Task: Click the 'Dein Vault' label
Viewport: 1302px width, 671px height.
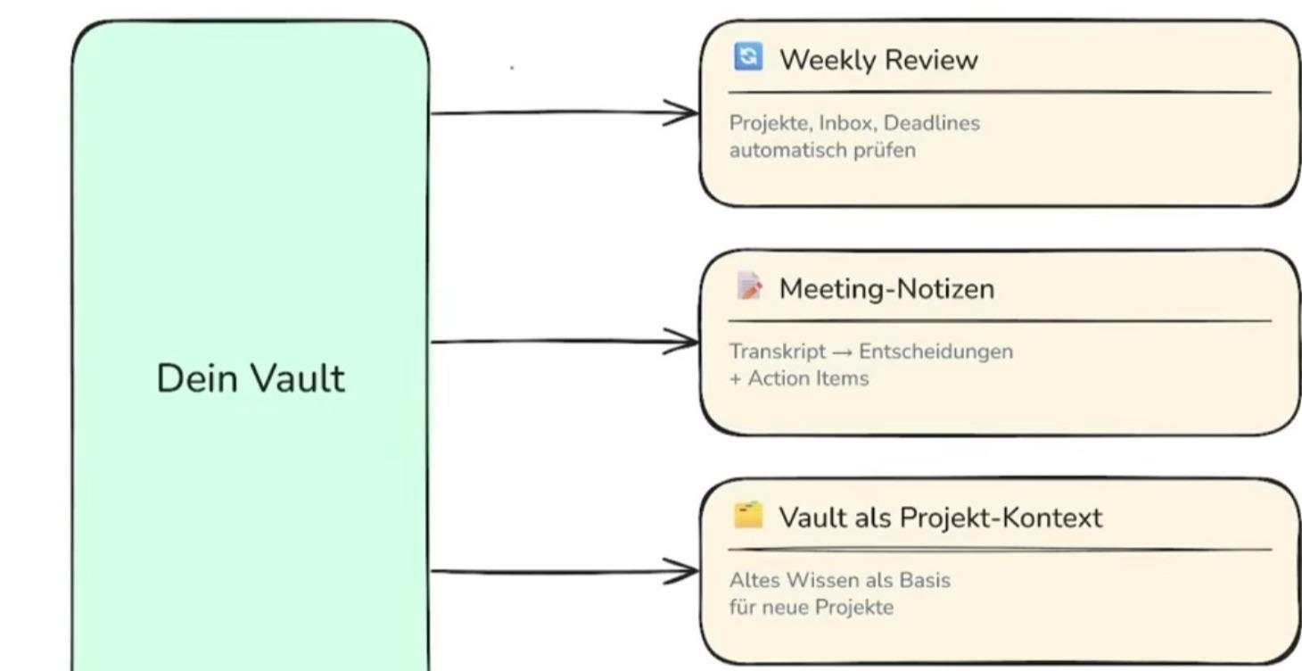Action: (x=251, y=378)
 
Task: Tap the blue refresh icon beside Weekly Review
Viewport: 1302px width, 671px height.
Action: (x=748, y=56)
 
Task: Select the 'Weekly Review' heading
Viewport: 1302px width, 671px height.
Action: (x=878, y=60)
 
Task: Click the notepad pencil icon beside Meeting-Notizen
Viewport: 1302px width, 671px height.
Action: (x=749, y=286)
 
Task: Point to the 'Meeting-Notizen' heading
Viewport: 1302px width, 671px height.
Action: (x=886, y=289)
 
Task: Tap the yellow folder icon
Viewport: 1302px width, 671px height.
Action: (x=748, y=514)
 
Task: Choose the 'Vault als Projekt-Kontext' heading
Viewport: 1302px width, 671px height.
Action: (x=941, y=518)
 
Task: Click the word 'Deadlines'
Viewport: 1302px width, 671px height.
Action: (x=932, y=123)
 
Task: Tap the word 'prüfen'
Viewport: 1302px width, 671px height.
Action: (x=884, y=151)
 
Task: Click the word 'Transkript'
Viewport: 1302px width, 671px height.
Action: (x=778, y=352)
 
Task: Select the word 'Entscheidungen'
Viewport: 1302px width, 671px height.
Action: (x=935, y=352)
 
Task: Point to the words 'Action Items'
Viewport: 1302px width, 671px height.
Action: (x=809, y=378)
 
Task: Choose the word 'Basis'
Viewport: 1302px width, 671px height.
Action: (x=925, y=580)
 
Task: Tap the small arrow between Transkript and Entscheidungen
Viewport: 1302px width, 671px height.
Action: (x=842, y=352)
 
